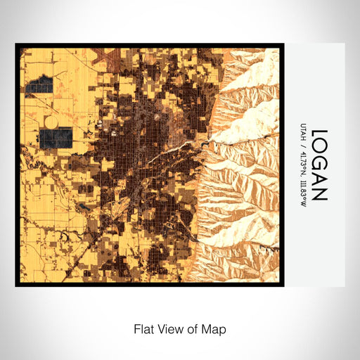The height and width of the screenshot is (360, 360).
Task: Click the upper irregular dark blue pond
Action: (39, 87)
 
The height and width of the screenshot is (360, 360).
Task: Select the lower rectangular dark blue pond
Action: (56, 137)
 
